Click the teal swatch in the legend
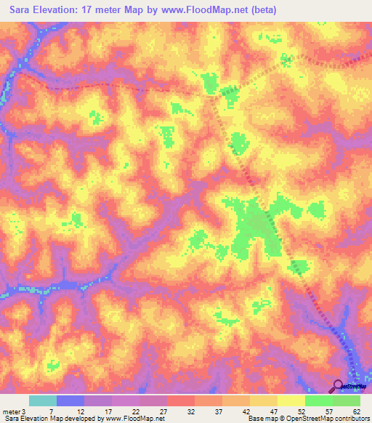[x=43, y=401]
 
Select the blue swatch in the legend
[x=70, y=401]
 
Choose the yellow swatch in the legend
[x=291, y=401]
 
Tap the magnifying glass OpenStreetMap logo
[x=339, y=387]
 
